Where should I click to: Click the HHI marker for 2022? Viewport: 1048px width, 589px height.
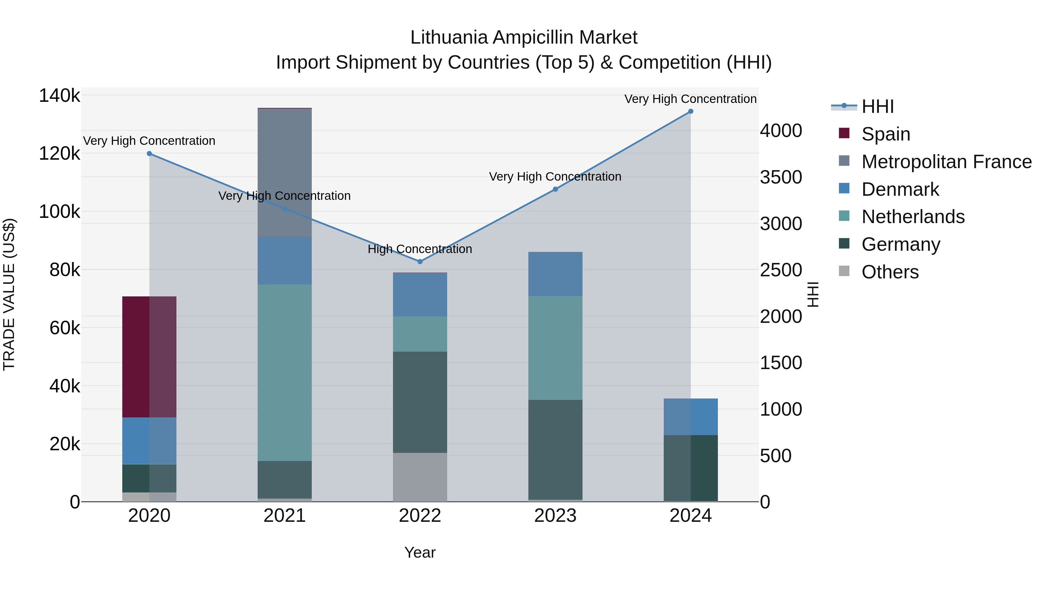click(x=420, y=261)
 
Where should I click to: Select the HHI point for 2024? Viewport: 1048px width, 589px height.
click(x=691, y=111)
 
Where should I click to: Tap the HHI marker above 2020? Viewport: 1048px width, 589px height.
click(x=149, y=154)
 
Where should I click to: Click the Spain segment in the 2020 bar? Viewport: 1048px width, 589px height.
click(x=149, y=357)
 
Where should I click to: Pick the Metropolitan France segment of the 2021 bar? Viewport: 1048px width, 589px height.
click(x=284, y=173)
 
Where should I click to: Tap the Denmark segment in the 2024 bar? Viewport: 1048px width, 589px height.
click(x=691, y=417)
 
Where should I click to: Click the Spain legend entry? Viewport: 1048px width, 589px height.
click(x=885, y=134)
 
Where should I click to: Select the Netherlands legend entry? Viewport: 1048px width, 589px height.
click(x=913, y=217)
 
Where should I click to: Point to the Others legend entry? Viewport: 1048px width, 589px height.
click(x=890, y=272)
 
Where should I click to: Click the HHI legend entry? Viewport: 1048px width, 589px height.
click(x=877, y=106)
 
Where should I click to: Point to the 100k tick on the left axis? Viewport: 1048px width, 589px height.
click(x=59, y=212)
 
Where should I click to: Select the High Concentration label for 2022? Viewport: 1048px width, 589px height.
click(x=420, y=249)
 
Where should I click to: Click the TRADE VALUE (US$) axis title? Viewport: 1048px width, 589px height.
click(x=9, y=294)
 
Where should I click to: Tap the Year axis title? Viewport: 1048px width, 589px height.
click(x=420, y=552)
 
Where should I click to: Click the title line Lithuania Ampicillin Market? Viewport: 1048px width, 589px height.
click(x=524, y=38)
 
